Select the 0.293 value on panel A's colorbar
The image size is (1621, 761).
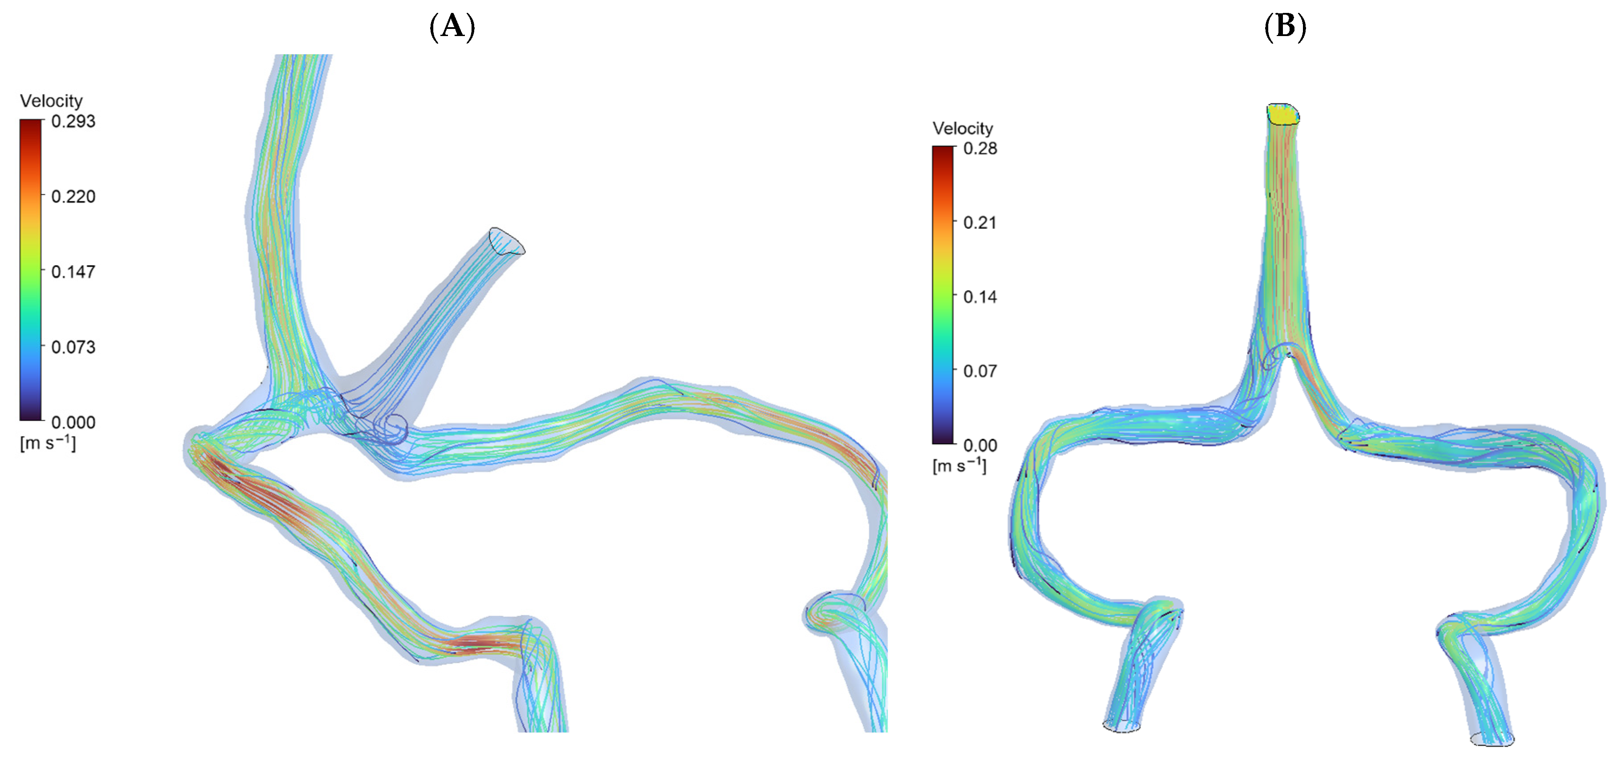73,121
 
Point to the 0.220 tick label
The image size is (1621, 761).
73,196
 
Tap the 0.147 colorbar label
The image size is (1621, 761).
73,272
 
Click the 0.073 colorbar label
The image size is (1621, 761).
73,347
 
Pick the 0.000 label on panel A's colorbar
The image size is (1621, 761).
73,422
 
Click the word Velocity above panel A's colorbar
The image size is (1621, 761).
51,101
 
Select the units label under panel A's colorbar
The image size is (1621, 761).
48,443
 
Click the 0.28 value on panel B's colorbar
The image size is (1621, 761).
980,149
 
